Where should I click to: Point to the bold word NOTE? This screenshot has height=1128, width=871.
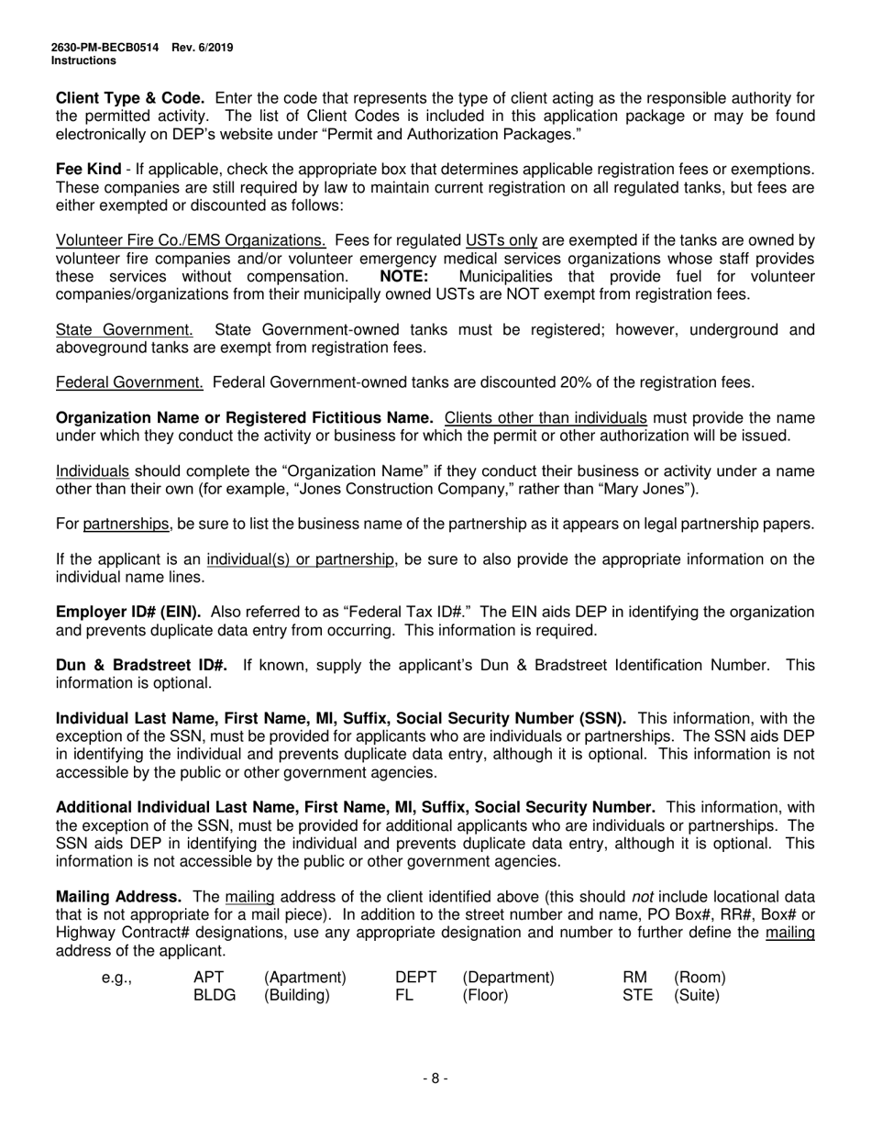click(x=403, y=277)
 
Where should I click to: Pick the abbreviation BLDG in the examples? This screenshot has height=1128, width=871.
click(x=215, y=995)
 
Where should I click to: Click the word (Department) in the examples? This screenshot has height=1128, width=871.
click(x=508, y=978)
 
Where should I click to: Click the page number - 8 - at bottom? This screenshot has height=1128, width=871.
click(x=435, y=1079)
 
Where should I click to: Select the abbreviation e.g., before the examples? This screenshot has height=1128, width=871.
click(x=116, y=978)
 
